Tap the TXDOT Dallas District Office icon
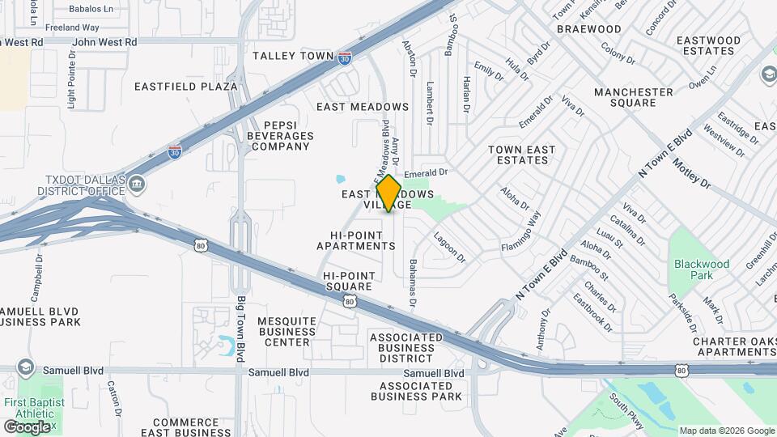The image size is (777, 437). point(137,185)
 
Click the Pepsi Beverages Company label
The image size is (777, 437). point(278,135)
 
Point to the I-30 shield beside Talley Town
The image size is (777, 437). point(345,57)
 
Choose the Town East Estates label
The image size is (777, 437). point(522,155)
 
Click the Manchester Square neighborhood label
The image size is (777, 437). point(634,97)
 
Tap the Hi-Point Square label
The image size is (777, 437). point(348,281)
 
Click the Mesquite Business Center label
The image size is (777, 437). point(287,331)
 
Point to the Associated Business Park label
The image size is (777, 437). point(417,391)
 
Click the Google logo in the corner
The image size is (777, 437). point(27,426)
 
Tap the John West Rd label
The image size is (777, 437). point(104,41)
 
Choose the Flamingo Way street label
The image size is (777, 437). point(520,231)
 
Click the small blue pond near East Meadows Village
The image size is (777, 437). point(340,178)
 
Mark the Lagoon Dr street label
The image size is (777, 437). point(450,247)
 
